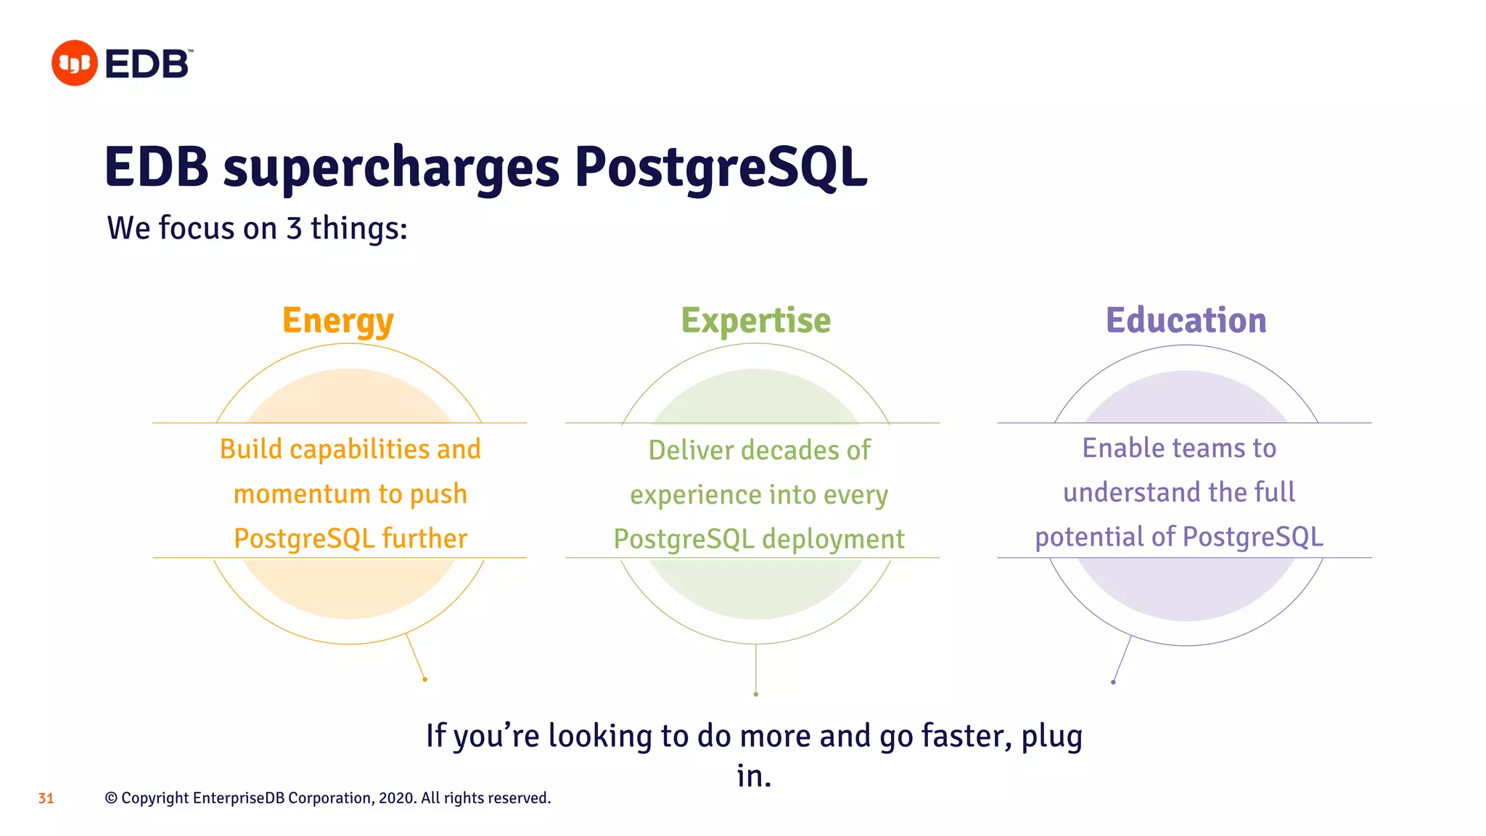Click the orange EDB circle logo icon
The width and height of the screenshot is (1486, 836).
(74, 63)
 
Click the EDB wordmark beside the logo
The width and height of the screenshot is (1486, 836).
(148, 64)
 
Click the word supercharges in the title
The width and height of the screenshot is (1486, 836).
(391, 168)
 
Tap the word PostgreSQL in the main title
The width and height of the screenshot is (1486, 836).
(721, 168)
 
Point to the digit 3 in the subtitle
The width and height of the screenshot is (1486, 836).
(294, 228)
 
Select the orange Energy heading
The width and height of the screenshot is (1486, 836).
(338, 321)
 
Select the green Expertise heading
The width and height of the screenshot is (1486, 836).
(755, 320)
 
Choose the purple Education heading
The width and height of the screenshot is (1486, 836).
(1186, 320)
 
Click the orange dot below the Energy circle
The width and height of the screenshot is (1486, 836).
(424, 679)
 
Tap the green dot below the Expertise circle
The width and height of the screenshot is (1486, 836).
(756, 694)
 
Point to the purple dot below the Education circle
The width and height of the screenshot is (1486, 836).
(1113, 682)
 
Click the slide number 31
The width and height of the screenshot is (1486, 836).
(46, 798)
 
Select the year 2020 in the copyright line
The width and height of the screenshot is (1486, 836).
(396, 798)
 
